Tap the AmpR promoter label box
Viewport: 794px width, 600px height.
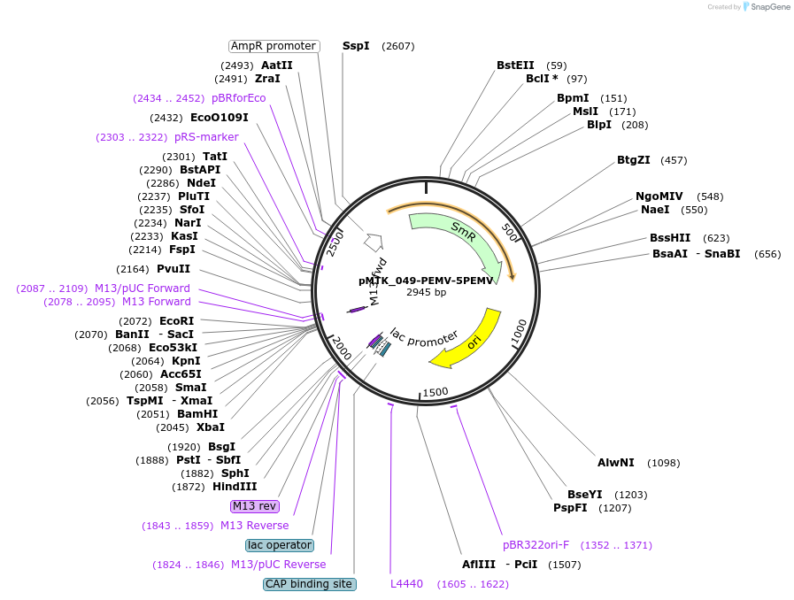(x=274, y=46)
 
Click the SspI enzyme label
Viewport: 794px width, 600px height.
(x=356, y=46)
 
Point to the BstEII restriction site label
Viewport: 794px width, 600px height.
(x=515, y=65)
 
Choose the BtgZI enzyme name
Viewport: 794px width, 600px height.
(x=633, y=160)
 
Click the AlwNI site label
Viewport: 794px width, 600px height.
(x=615, y=462)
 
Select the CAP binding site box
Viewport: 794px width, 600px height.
(x=310, y=584)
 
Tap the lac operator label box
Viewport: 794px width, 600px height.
(x=280, y=545)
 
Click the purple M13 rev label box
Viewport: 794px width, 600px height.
(x=255, y=506)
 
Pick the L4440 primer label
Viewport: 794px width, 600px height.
(x=406, y=584)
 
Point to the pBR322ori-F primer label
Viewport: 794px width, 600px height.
(x=536, y=545)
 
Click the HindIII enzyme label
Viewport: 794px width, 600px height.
(x=235, y=487)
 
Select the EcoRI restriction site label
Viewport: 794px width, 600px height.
(x=176, y=321)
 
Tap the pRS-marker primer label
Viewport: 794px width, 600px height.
(x=206, y=137)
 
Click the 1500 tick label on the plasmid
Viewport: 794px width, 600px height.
(x=436, y=392)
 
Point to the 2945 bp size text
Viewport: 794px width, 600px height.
(x=426, y=292)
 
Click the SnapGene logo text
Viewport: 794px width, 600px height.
(x=770, y=6)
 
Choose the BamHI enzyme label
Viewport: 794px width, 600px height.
(x=197, y=413)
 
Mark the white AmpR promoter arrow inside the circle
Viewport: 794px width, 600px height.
(x=374, y=242)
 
